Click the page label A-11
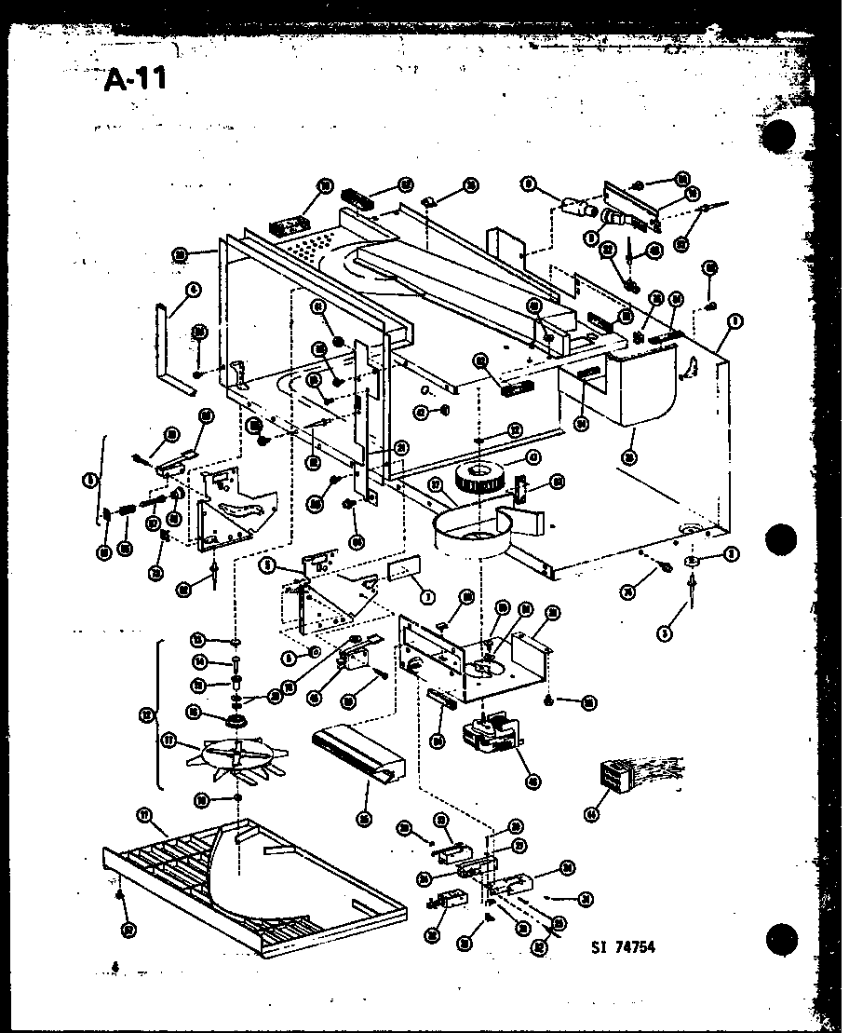135,78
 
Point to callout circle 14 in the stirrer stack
199,661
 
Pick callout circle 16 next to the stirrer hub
194,712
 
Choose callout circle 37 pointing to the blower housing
436,483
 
